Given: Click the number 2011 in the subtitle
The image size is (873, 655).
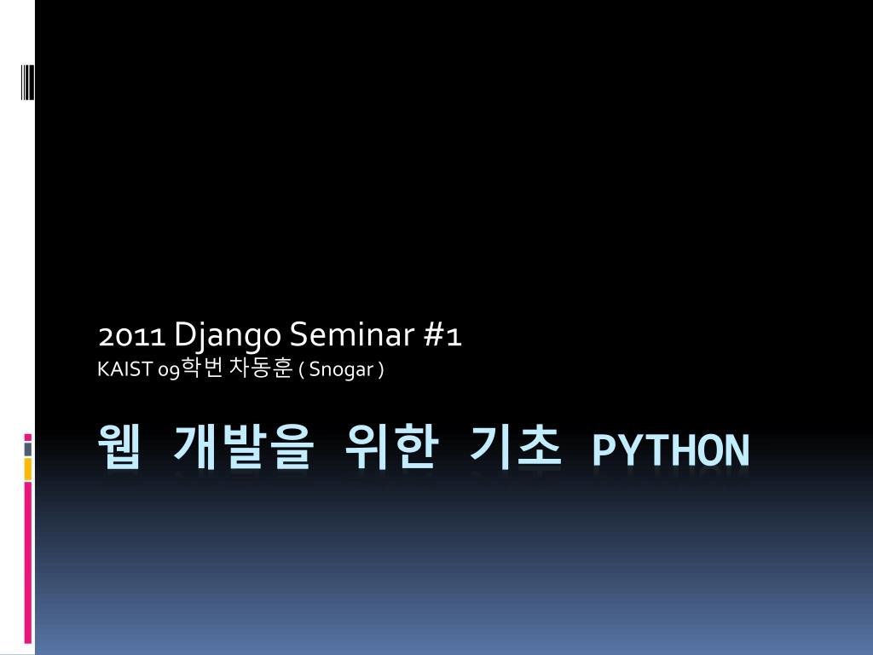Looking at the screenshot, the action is tap(132, 336).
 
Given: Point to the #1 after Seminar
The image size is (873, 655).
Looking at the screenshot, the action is tap(443, 335).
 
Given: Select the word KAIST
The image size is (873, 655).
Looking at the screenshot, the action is tap(124, 369).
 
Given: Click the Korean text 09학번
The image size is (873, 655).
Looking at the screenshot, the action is tap(190, 368).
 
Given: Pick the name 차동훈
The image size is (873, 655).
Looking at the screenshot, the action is tap(261, 368).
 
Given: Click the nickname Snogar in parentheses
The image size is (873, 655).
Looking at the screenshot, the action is tap(341, 370).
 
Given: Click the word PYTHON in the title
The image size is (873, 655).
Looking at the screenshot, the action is tap(671, 450).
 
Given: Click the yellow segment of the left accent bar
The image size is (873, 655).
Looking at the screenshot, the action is tap(28, 469).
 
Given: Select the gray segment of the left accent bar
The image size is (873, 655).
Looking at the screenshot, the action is tap(28, 449).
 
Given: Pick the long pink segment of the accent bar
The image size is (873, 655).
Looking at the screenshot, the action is tap(28, 563).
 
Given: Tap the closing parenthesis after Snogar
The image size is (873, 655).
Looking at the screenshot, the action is tap(381, 370).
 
